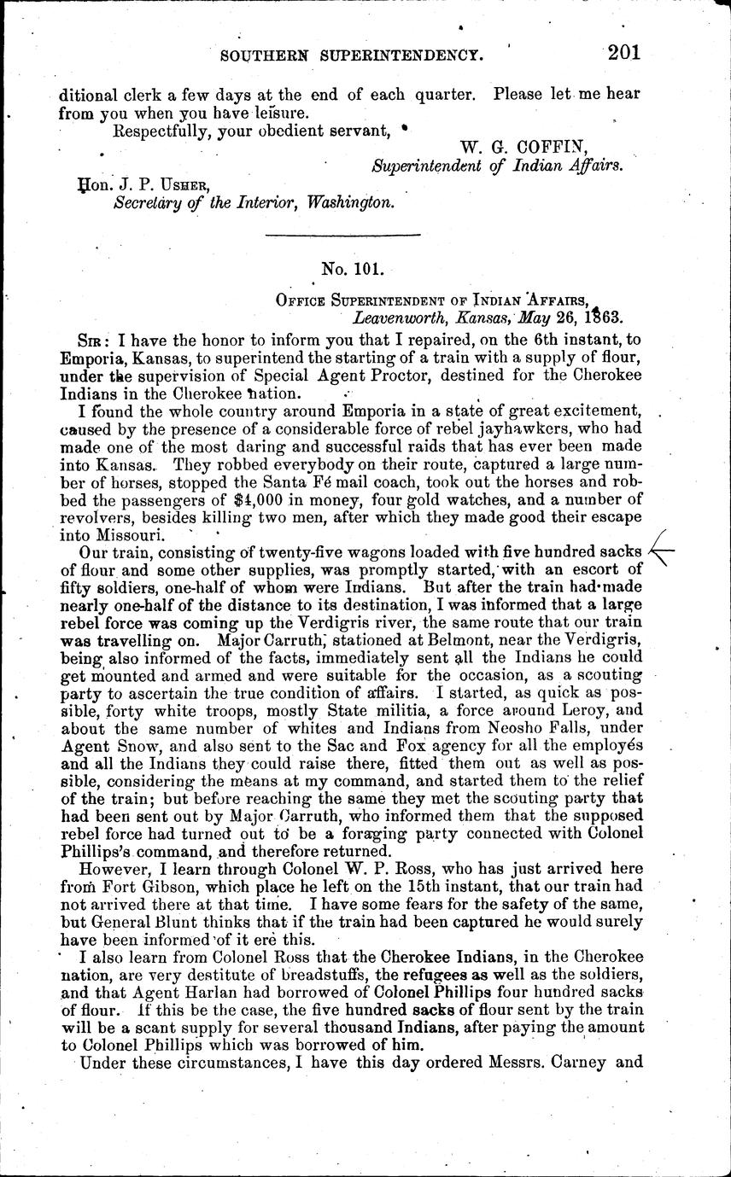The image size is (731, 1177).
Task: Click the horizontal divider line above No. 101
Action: [x=343, y=234]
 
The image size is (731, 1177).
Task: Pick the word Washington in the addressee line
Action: [x=352, y=203]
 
